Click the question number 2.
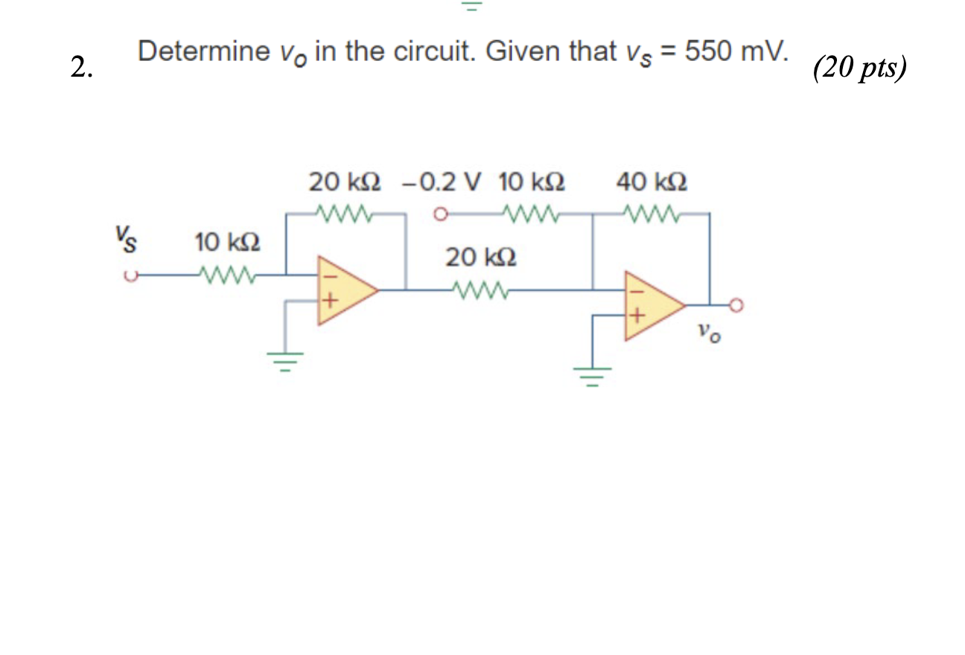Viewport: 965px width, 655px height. coord(82,68)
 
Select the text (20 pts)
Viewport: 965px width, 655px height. coord(860,68)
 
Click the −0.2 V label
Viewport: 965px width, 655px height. coord(442,182)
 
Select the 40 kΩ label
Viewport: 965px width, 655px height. coord(652,182)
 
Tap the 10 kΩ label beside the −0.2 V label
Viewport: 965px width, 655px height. coord(531,182)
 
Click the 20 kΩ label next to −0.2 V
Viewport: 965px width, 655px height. coord(345,182)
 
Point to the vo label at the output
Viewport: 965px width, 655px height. coord(710,333)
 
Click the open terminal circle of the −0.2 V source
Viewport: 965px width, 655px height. coord(440,216)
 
